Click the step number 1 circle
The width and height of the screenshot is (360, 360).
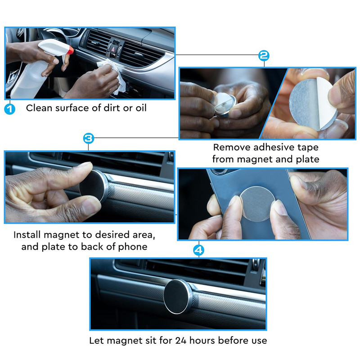point(9,109)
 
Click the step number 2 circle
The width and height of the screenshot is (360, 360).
point(264,55)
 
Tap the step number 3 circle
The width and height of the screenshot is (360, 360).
point(89,138)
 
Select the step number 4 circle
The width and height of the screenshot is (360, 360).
point(198,250)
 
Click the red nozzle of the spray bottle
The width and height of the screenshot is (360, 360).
point(71,50)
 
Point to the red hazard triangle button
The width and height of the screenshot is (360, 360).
point(113,49)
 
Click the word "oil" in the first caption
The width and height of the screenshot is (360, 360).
point(141,108)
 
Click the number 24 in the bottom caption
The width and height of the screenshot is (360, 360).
point(181,340)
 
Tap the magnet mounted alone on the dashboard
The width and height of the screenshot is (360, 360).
point(178,297)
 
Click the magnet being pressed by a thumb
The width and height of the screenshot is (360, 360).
point(94,186)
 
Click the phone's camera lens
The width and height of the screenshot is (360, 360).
point(219,171)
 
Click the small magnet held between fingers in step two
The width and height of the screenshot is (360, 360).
point(225,104)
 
